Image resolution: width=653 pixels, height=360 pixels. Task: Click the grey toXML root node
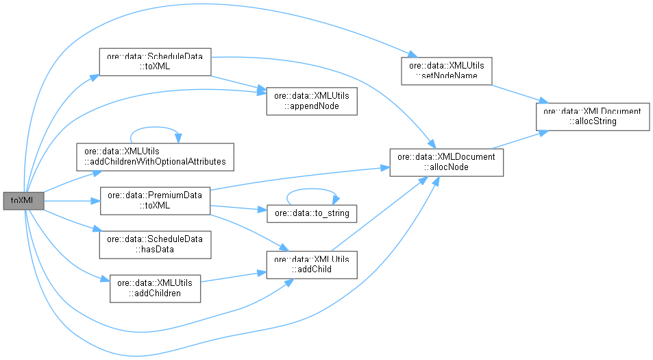pyautogui.click(x=23, y=201)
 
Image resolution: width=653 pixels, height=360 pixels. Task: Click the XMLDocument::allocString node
pyautogui.click(x=592, y=115)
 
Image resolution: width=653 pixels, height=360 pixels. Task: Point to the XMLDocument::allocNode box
pyautogui.click(x=447, y=162)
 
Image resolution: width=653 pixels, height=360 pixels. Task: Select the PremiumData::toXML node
pyautogui.click(x=154, y=200)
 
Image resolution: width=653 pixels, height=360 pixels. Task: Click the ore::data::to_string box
pyautogui.click(x=312, y=213)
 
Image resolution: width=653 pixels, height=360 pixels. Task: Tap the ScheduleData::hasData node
pyautogui.click(x=154, y=244)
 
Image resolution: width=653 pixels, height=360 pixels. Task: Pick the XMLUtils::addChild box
pyautogui.click(x=312, y=265)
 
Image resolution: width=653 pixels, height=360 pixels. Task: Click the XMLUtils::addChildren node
pyautogui.click(x=155, y=288)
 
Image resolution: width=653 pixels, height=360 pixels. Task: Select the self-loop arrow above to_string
pyautogui.click(x=312, y=194)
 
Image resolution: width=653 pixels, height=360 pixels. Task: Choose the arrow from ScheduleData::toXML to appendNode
pyautogui.click(x=237, y=82)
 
